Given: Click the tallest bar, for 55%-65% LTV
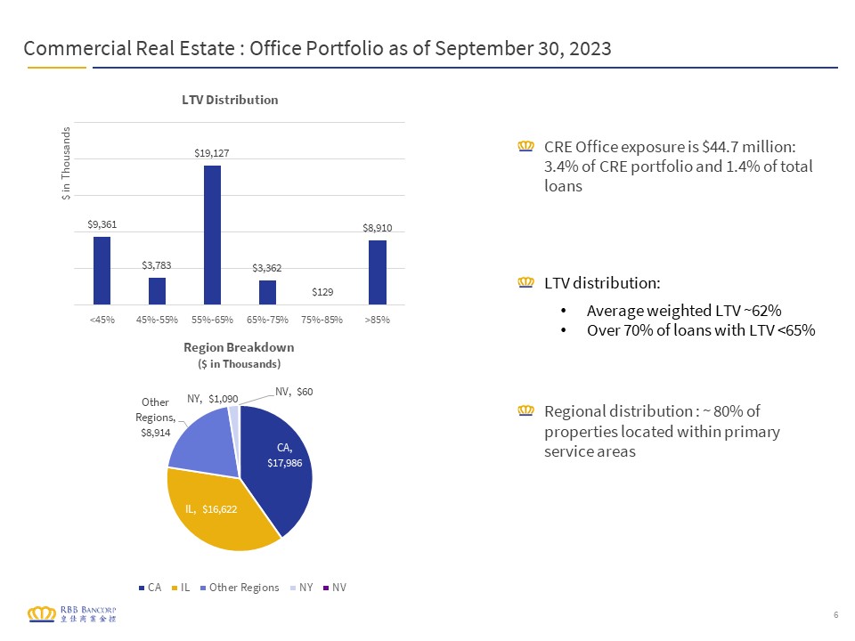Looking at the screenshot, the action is [x=212, y=235].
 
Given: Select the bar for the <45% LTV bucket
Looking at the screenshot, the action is [x=102, y=271].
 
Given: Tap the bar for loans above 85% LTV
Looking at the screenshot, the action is [x=378, y=272].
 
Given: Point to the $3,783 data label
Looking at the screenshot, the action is [x=157, y=265].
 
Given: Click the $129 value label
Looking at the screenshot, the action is [x=322, y=292].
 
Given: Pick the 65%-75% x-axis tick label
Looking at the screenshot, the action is [x=267, y=320].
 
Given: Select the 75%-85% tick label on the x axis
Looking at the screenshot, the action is [x=322, y=320].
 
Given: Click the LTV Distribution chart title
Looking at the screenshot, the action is [x=230, y=100].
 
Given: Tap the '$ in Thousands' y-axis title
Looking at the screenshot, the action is [x=66, y=164].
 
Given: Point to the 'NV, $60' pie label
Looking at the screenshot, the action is [x=294, y=392].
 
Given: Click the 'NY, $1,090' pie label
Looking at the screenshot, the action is [x=213, y=399].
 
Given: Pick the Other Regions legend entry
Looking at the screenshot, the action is [x=240, y=588].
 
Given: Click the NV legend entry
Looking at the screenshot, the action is [x=335, y=588].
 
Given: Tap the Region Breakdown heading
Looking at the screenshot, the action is [x=239, y=348].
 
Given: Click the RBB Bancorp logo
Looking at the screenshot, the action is [x=72, y=613].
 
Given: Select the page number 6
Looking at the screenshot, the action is [x=836, y=615].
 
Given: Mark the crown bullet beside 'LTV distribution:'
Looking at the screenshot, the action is [x=525, y=282].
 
